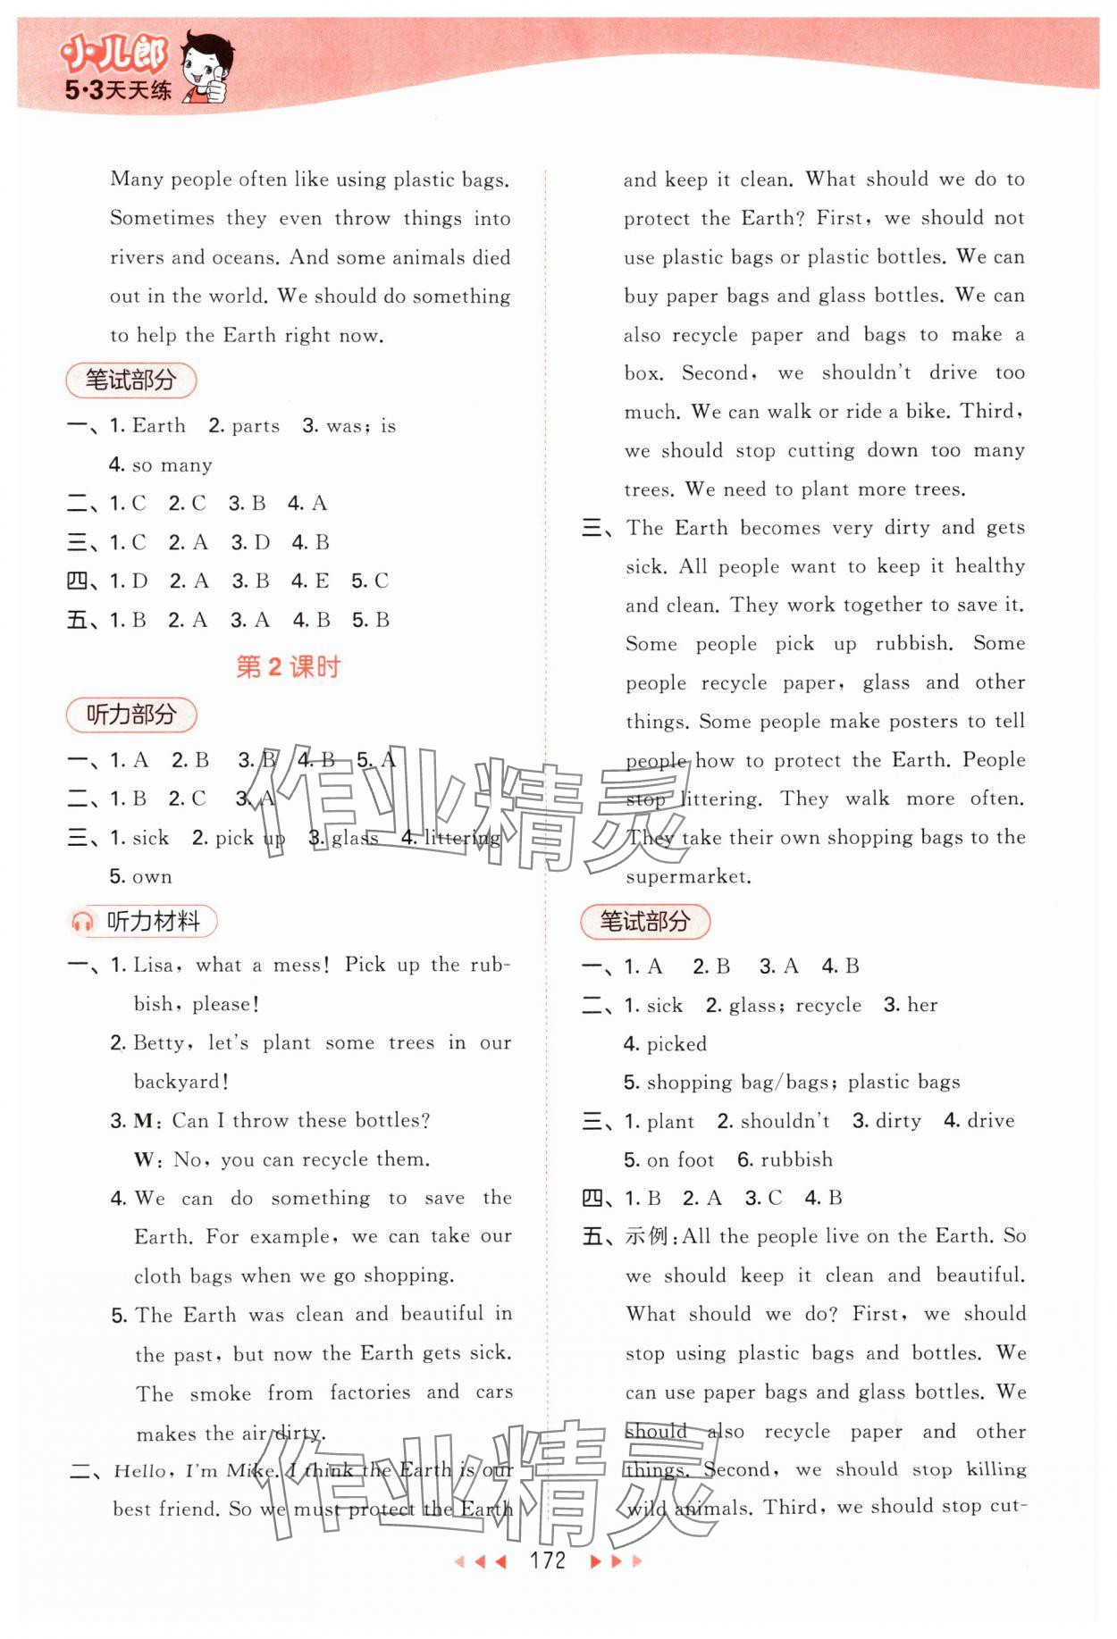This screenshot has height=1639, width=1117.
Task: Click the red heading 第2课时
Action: pyautogui.click(x=288, y=666)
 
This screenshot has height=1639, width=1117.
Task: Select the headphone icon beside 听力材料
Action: pyautogui.click(x=82, y=922)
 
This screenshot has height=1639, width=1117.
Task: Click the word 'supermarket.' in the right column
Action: pyautogui.click(x=688, y=876)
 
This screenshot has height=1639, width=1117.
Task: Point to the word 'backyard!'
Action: pyautogui.click(x=181, y=1082)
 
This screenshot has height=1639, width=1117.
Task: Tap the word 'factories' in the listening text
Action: pyautogui.click(x=369, y=1392)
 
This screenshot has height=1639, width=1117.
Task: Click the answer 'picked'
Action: pyautogui.click(x=676, y=1043)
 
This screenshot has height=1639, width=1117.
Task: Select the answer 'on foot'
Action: pyautogui.click(x=680, y=1159)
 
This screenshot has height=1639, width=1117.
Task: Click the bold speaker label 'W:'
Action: pyautogui.click(x=147, y=1159)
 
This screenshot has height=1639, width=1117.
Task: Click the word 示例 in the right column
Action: pyautogui.click(x=647, y=1236)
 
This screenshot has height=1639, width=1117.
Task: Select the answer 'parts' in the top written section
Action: pyautogui.click(x=255, y=426)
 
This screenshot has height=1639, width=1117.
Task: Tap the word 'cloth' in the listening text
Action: pyautogui.click(x=157, y=1275)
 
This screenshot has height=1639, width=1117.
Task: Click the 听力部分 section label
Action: pyautogui.click(x=130, y=715)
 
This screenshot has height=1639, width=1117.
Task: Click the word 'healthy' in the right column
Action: pyautogui.click(x=989, y=565)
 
